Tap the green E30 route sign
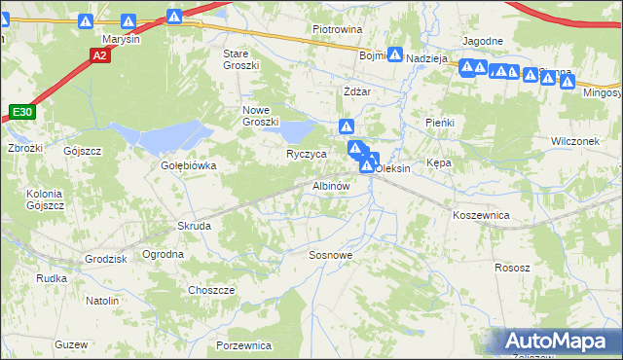coord(23,114)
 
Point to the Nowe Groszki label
coord(261,116)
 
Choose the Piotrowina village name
coord(337,30)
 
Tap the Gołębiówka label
coord(188,165)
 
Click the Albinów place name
coord(330,185)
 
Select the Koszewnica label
coord(481,213)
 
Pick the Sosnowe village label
coord(330,255)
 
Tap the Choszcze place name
coord(211,290)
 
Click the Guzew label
coord(72,345)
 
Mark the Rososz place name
coord(512,268)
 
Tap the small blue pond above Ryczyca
coord(298,130)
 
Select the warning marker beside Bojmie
coord(395,55)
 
